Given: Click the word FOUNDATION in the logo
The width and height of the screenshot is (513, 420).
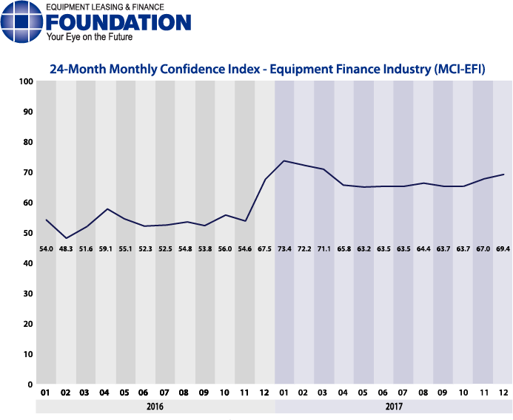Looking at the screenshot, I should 118,21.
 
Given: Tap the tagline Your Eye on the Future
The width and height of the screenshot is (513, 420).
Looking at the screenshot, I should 89,36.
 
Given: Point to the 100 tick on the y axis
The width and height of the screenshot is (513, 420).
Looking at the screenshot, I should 26,81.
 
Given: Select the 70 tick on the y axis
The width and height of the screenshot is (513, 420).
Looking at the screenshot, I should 27,172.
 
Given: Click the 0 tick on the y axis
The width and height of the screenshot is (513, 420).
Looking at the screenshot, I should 30,385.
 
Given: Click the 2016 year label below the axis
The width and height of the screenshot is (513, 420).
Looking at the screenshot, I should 155,407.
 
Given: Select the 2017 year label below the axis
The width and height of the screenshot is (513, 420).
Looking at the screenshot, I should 393,407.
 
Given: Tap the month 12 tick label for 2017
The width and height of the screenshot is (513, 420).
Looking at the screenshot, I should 503,393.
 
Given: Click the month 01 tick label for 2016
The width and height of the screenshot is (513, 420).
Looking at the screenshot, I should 46,393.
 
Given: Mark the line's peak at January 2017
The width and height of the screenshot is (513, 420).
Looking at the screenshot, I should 284,160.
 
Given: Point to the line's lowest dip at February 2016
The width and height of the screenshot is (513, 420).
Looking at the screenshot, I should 66,238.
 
